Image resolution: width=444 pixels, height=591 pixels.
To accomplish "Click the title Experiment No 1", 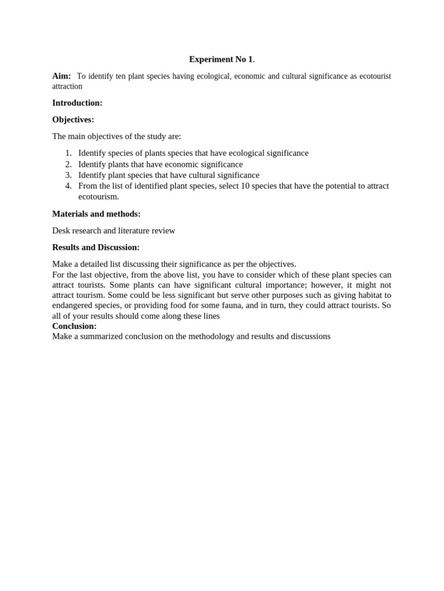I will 221,59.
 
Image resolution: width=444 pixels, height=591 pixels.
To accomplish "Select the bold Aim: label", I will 61,76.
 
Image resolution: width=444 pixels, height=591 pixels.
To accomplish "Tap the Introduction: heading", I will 77,103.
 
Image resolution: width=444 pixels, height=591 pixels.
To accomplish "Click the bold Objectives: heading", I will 73,119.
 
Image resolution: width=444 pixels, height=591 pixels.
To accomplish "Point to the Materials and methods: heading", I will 96,214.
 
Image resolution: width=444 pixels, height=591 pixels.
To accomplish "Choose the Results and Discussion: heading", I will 95,247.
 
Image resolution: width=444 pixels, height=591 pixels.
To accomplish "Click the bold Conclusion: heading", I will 74,326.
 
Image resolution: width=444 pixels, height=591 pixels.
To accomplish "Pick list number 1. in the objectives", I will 68,153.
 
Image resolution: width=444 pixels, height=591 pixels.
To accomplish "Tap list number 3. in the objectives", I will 68,175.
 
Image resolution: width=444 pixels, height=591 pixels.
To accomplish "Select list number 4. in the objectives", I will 68,186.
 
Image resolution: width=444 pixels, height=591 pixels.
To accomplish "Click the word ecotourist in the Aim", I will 376,76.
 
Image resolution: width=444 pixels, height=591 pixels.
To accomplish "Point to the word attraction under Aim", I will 67,87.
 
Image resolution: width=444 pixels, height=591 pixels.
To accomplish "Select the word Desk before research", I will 61,230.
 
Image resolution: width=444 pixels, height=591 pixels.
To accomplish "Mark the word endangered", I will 73,305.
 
